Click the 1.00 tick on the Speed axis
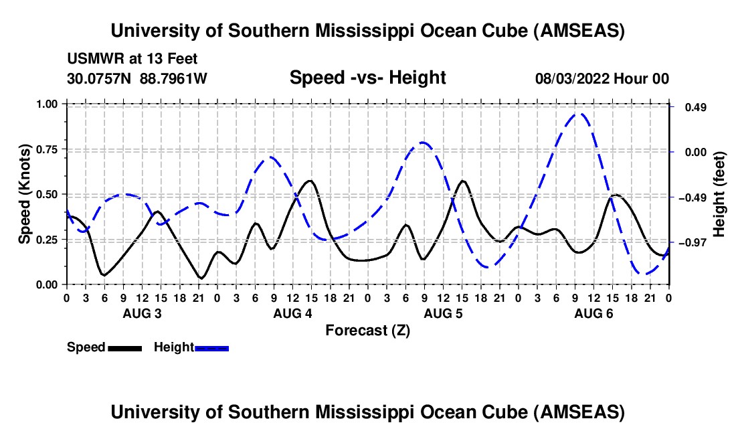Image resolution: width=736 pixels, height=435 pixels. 48,104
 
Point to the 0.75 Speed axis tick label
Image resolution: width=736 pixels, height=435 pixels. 48,149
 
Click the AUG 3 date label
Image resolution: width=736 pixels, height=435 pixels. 141,314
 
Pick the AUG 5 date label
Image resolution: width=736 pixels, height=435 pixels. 442,314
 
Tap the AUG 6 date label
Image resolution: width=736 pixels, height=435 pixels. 593,314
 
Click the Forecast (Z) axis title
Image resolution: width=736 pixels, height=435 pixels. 367,330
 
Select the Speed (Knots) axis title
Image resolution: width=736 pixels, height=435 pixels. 24,194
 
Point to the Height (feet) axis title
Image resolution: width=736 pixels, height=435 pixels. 719,193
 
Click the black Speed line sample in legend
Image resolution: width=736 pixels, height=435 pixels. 124,347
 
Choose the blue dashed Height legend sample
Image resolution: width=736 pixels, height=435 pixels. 211,347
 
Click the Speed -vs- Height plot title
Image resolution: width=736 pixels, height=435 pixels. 367,78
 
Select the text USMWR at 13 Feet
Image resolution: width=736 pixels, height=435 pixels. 132,60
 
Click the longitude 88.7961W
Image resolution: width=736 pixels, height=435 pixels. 174,78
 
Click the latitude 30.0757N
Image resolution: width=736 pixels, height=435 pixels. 100,78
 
